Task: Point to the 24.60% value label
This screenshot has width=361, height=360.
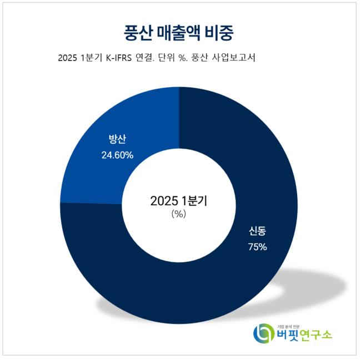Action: coord(117,155)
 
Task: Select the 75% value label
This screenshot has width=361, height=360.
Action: coord(257,247)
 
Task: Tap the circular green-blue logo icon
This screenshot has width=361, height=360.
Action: coord(262,334)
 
